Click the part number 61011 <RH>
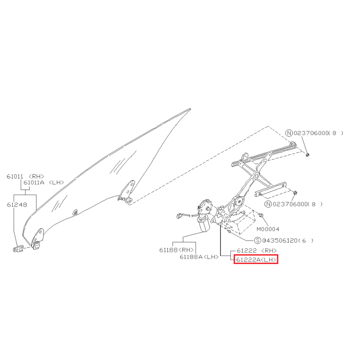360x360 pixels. pos(25,176)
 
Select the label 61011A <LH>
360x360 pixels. pos(44,183)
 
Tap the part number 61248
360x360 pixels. pos(17,205)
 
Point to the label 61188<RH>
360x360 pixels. pos(177,250)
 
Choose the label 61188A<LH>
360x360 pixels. pos(199,257)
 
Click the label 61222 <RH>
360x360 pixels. pos(257,251)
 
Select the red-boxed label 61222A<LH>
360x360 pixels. pos(256,260)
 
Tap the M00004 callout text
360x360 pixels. pos(268,229)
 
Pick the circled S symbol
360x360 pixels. pos(258,241)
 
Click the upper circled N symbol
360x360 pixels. pos(289,133)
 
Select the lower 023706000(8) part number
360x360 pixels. pos(298,204)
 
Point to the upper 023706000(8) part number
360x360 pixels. pos(319,133)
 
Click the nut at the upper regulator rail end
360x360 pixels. pos(307,155)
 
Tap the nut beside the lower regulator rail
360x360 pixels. pos(295,193)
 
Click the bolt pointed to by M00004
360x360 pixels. pos(261,215)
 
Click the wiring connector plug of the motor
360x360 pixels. pos(179,216)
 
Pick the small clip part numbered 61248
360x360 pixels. pos(18,248)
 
